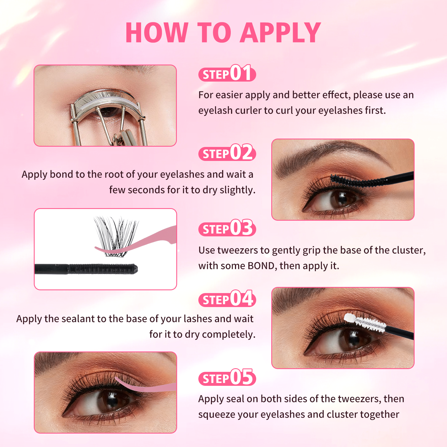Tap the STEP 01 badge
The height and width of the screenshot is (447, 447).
coord(227,73)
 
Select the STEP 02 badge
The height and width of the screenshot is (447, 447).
coord(227,153)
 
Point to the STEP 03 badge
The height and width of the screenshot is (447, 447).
coord(227,228)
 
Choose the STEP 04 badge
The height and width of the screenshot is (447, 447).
coord(227,299)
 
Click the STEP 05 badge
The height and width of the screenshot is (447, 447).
coord(227,377)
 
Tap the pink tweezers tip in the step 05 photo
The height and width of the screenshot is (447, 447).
coord(117,379)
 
